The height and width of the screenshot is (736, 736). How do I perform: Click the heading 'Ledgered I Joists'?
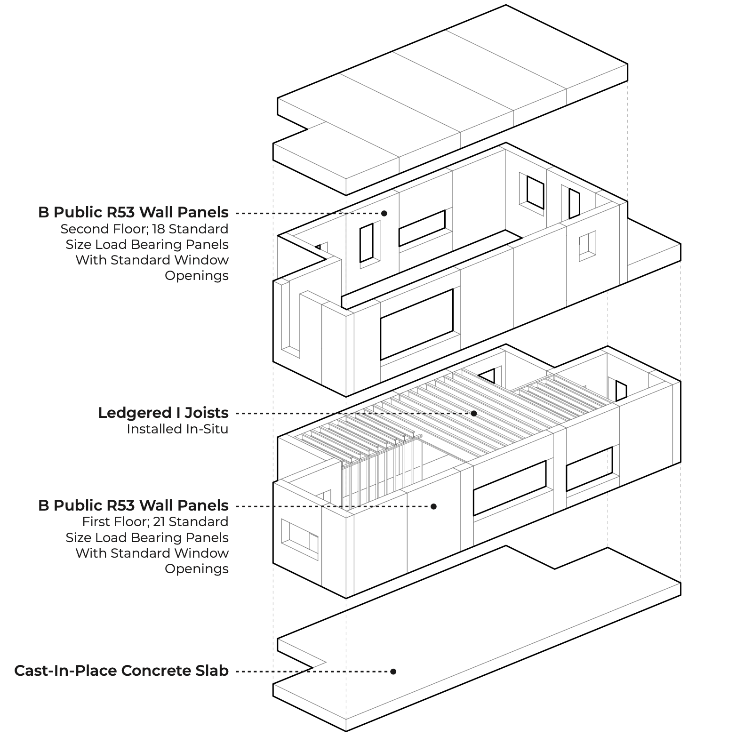point(163,413)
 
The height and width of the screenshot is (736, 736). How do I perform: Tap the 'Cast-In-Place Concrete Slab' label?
point(121,670)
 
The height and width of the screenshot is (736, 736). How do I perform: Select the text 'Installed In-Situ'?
point(177,429)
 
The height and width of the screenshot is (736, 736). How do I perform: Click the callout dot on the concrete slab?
point(393,671)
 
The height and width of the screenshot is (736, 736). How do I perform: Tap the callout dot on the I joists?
point(474,413)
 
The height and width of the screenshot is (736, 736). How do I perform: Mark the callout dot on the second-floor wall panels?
point(384,213)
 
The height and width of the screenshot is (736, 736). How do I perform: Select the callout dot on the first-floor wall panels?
point(433,506)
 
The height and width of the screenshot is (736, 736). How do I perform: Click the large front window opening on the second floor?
point(416,324)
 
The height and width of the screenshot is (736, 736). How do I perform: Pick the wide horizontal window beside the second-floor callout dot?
point(422,228)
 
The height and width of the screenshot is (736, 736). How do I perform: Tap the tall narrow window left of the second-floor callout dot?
point(367,243)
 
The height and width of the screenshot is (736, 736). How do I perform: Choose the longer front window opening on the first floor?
point(509,488)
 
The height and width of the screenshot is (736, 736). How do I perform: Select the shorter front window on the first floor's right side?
point(589,469)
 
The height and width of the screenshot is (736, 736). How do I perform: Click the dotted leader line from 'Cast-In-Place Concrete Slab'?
point(311,671)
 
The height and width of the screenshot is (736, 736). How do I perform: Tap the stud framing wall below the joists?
point(376,475)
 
